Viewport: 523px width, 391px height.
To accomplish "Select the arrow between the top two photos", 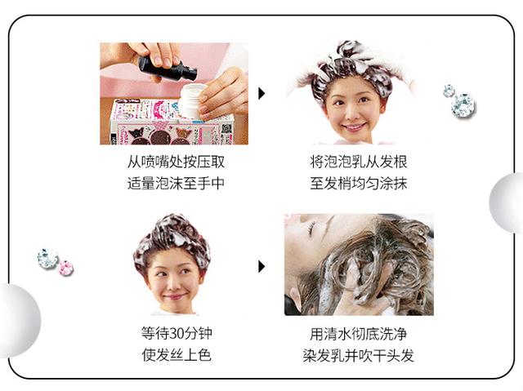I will point(261,93).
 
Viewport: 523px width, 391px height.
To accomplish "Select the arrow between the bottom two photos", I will point(261,266).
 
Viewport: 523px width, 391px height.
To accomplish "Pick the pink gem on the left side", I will point(65,268).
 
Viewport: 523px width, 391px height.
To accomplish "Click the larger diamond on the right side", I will point(463,104).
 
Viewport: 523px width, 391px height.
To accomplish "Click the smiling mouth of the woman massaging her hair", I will point(354,127).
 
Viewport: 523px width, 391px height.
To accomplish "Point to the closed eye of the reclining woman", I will point(309,229).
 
